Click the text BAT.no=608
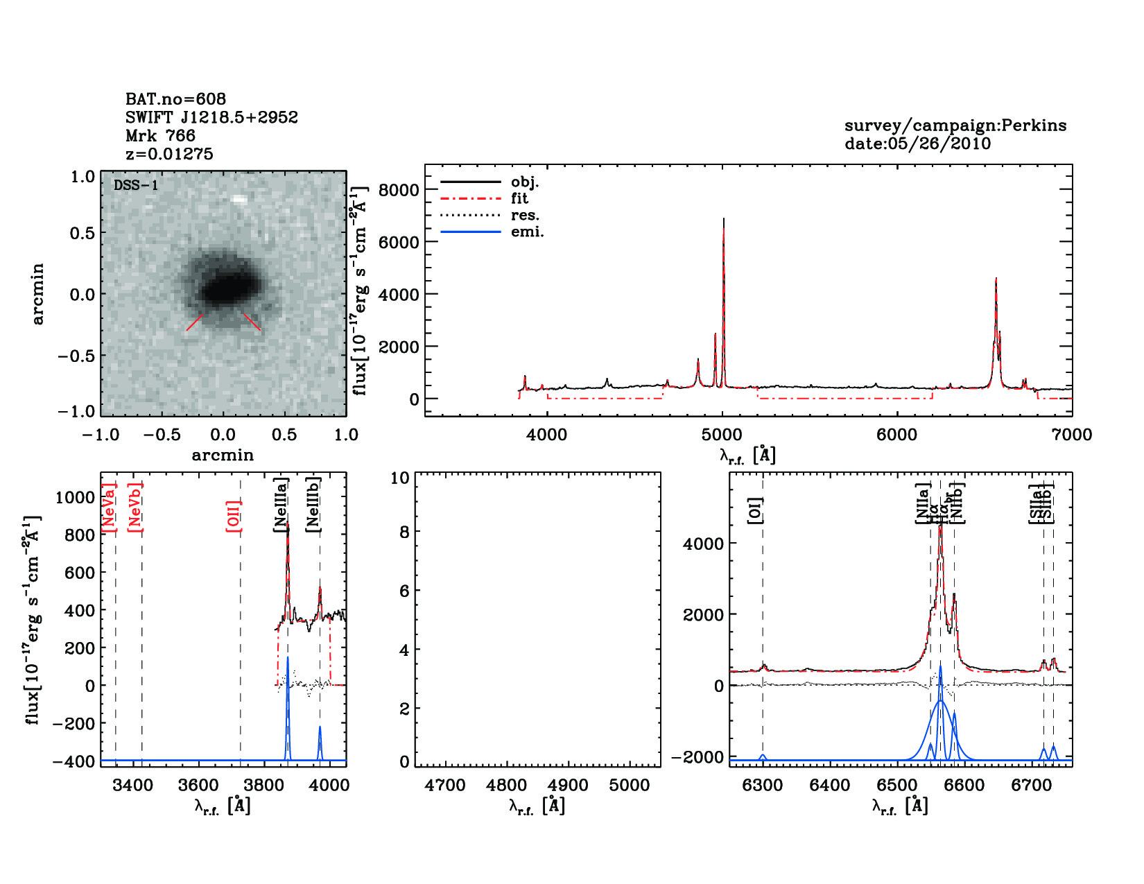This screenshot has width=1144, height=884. click(x=175, y=99)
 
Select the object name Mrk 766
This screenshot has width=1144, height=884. click(x=160, y=136)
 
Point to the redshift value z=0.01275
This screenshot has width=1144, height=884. click(x=169, y=154)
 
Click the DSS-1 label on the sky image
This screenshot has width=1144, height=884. click(x=136, y=185)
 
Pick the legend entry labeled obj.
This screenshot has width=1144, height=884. click(x=525, y=182)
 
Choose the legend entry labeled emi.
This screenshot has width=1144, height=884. click(x=527, y=232)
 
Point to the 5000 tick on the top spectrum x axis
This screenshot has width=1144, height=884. click(x=722, y=435)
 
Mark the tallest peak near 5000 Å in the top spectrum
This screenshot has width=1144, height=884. click(x=724, y=220)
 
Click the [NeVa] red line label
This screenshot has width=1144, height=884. click(x=109, y=508)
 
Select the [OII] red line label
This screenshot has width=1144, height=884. click(x=234, y=516)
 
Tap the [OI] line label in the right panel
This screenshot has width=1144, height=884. click(x=755, y=510)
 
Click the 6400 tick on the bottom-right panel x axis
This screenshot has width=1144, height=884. click(x=830, y=785)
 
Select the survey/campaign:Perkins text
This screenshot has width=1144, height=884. click(x=955, y=125)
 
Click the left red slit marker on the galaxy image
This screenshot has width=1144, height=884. click(x=195, y=322)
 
